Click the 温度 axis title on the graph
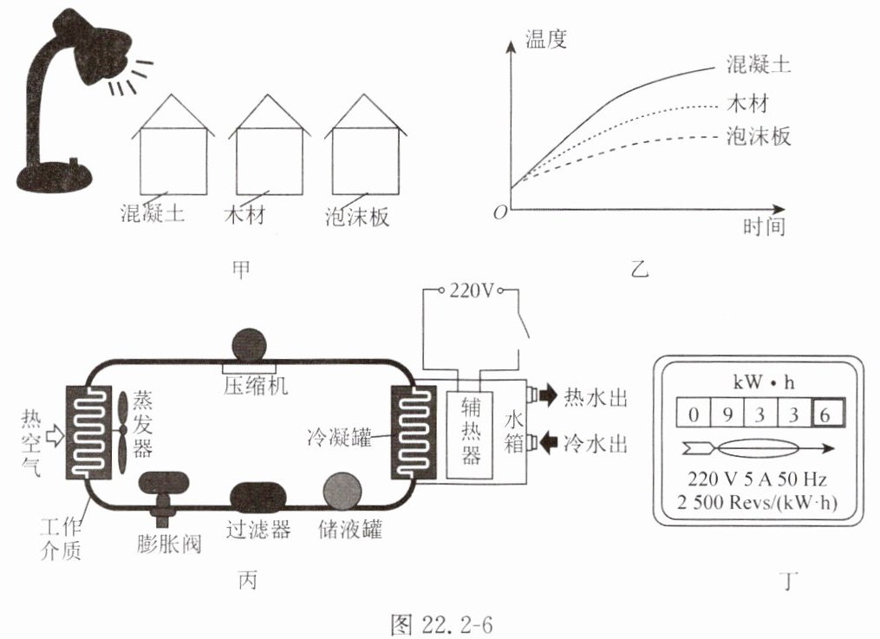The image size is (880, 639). coord(545,39)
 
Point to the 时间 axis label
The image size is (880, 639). coord(765,226)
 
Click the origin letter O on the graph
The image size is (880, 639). coord(500,212)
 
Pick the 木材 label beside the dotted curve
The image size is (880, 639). coord(747,103)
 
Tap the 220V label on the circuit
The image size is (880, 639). coord(472,290)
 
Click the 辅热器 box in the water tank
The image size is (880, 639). coord(470,434)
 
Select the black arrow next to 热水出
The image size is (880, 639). coord(548,395)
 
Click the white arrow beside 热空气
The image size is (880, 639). coord(55,434)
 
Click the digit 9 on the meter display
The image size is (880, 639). coord(727,414)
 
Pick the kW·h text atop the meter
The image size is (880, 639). coord(764,382)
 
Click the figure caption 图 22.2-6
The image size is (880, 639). coord(441,624)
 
